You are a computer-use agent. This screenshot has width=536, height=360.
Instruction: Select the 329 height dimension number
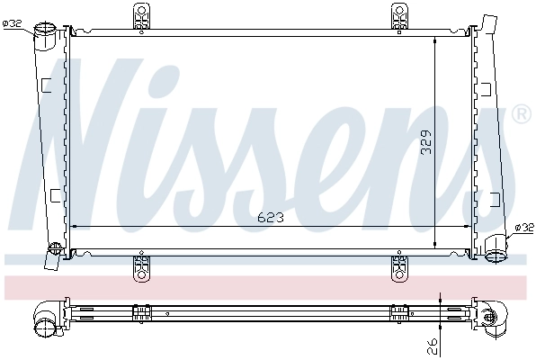[x=427, y=139]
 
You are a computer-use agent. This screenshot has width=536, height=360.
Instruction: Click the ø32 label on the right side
[x=523, y=228]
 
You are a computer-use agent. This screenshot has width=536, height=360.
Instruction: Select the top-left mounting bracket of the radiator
[x=141, y=15]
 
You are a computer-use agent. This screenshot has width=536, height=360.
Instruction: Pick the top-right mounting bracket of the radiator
[x=400, y=15]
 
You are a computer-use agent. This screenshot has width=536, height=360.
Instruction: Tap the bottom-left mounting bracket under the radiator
[x=141, y=266]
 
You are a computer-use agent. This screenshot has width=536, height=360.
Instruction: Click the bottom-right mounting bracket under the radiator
[x=400, y=266]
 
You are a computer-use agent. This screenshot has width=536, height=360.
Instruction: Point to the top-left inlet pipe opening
[x=45, y=34]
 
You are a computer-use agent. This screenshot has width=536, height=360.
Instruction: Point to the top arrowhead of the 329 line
[x=435, y=40]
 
